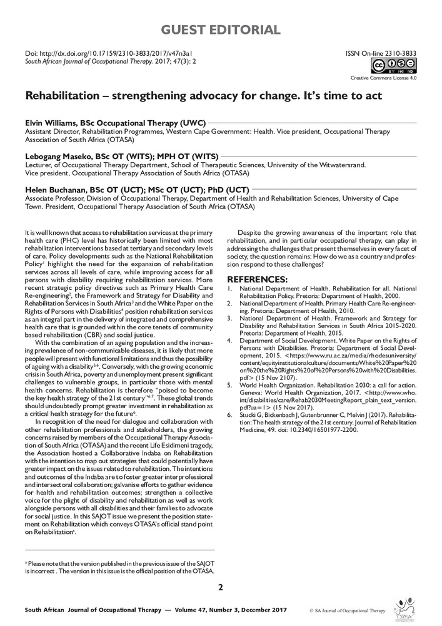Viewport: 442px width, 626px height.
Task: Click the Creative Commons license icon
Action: click(394, 67)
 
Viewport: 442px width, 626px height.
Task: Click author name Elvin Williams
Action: click(49, 125)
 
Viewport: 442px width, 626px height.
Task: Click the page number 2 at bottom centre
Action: click(220, 587)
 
